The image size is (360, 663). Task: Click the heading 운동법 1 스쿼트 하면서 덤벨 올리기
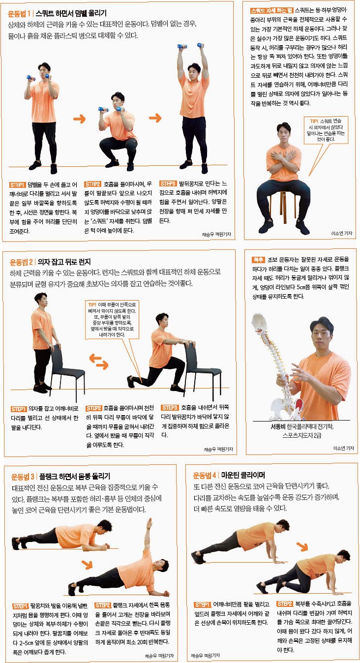[x=57, y=13]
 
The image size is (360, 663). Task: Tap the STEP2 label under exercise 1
[x=92, y=184]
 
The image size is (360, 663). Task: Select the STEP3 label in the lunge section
[x=170, y=408]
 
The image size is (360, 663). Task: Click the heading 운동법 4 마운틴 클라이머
[x=229, y=476]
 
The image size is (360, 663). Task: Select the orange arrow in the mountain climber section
[x=302, y=546]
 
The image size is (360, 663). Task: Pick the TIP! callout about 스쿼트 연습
[x=326, y=130]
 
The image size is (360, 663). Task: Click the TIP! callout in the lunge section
[x=112, y=320]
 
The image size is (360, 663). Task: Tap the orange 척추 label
[x=258, y=260]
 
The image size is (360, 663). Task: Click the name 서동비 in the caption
[x=278, y=426]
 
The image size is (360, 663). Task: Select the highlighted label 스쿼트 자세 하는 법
[x=271, y=11]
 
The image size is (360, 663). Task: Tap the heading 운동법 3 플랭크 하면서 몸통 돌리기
[x=60, y=477]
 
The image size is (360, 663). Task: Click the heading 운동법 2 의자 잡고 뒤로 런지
[x=50, y=262]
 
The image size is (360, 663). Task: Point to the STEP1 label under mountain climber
[x=203, y=604]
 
